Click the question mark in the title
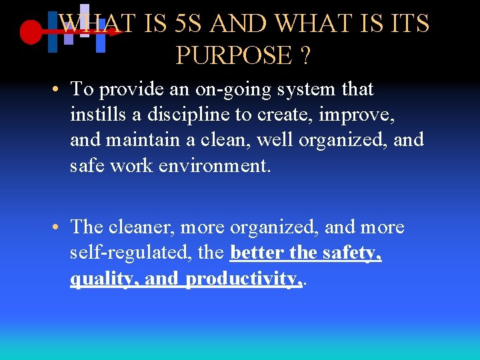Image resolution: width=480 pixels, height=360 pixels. (x=305, y=56)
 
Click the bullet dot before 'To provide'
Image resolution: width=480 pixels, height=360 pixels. (x=59, y=89)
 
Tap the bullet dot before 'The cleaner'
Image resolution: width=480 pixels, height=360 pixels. (x=59, y=227)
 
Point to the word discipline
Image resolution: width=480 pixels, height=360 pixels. (x=186, y=115)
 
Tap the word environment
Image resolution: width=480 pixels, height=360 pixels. (x=214, y=166)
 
